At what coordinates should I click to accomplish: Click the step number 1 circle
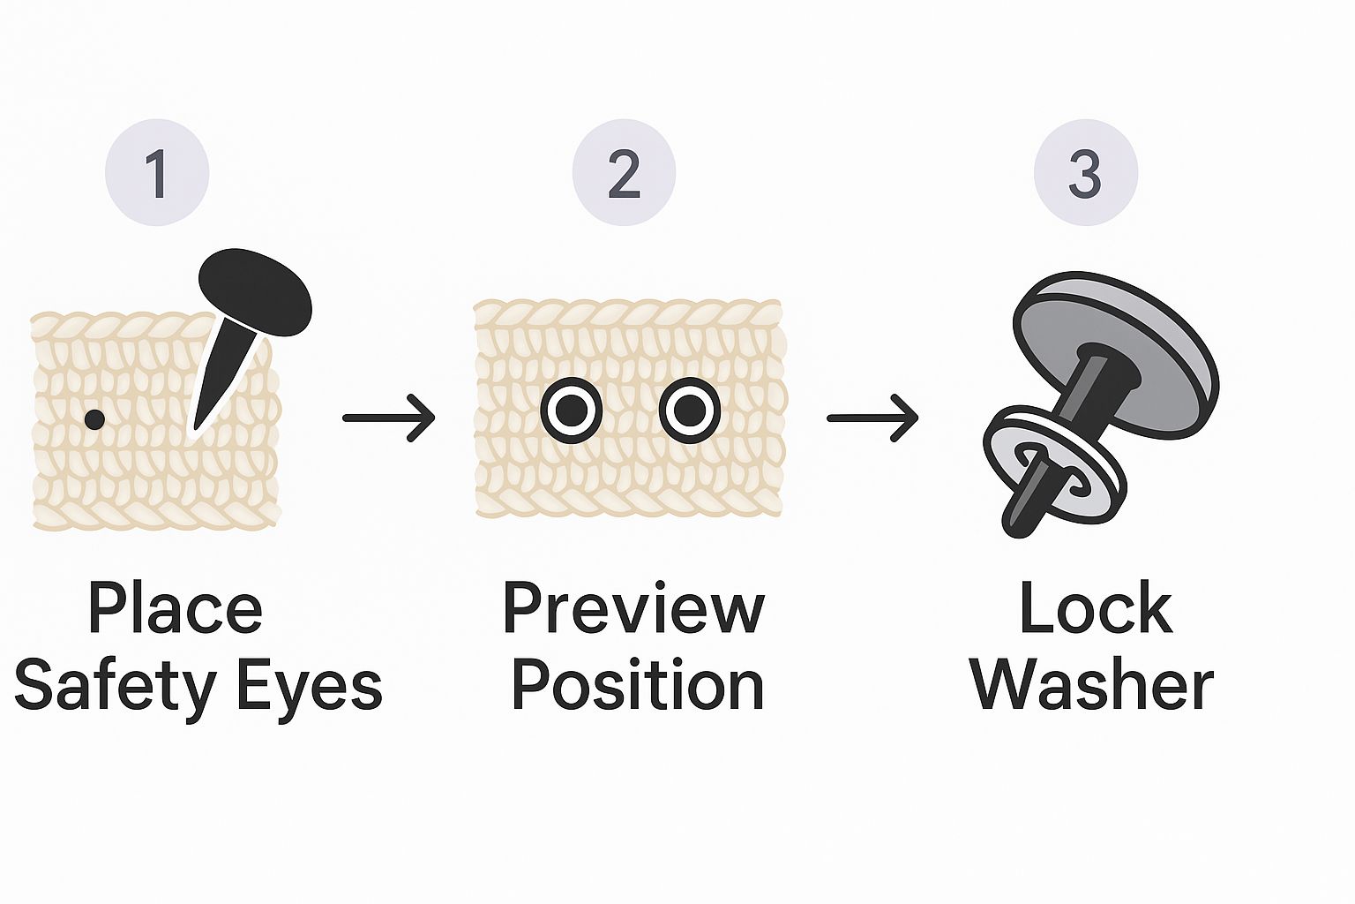[157, 173]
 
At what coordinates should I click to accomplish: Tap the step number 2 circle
[624, 173]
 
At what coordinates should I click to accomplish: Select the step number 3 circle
[1085, 173]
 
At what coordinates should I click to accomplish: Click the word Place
[175, 608]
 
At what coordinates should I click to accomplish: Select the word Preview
[633, 608]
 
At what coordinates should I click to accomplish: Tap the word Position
[637, 686]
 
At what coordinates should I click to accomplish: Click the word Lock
[1095, 608]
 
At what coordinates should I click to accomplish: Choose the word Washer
[1092, 686]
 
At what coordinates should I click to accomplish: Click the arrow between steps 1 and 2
[388, 417]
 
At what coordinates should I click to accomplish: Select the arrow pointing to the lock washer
[872, 417]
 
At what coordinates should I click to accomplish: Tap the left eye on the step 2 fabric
[571, 410]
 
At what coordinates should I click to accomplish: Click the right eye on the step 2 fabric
[690, 410]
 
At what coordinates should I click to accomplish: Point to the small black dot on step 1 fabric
[94, 419]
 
